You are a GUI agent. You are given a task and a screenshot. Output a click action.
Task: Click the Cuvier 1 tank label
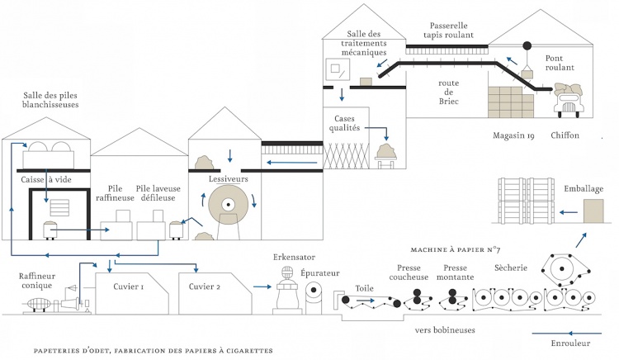tap(127, 287)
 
